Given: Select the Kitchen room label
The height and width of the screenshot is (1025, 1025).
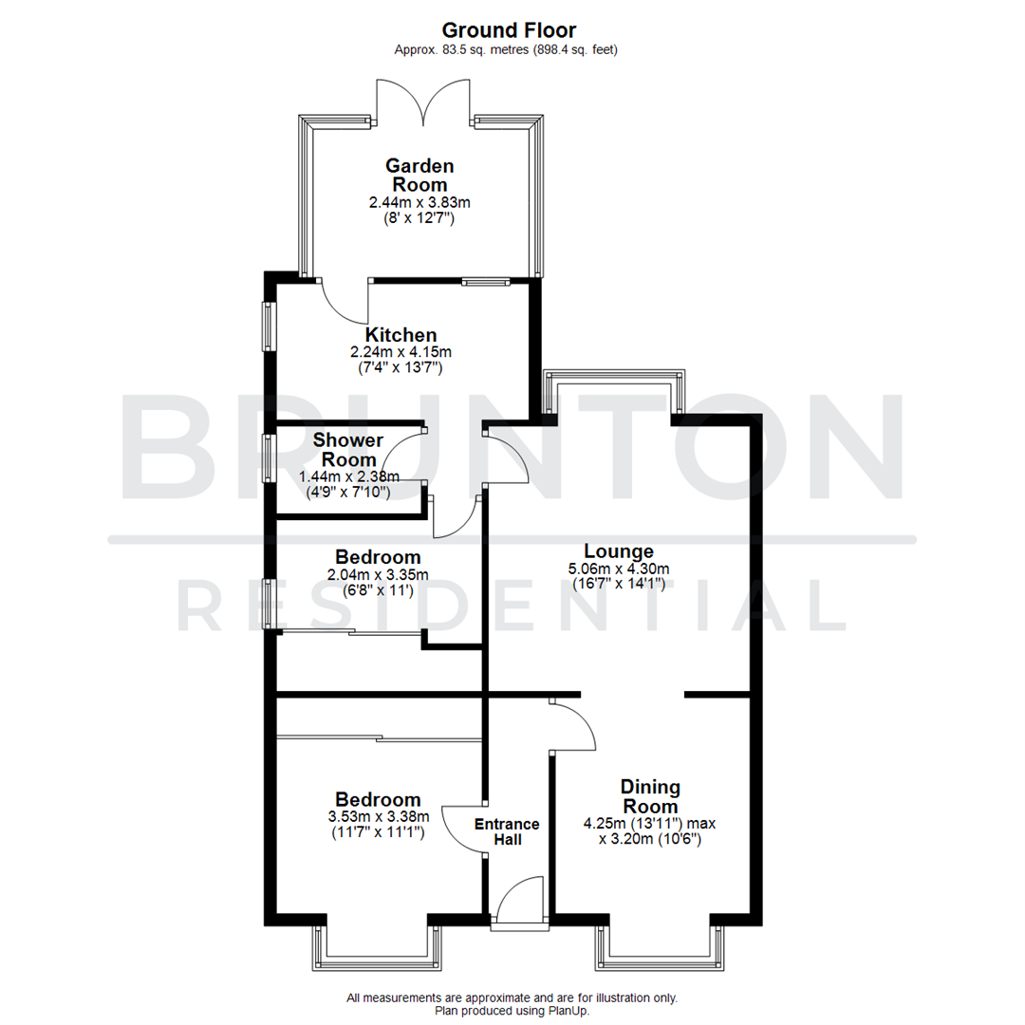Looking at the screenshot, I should (x=401, y=335).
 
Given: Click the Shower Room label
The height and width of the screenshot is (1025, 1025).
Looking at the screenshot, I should (x=348, y=450).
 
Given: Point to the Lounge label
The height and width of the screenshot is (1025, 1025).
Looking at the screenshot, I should (x=619, y=550).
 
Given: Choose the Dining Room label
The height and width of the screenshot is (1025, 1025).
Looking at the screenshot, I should (x=650, y=796).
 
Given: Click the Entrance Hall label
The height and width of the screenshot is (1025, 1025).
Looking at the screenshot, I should (x=507, y=831).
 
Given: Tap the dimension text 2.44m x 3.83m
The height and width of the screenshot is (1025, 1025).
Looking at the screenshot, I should (x=420, y=203).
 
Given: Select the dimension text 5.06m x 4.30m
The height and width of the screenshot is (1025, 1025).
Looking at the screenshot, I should (x=619, y=569).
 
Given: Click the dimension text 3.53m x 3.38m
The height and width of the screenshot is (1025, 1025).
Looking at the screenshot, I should (x=378, y=817).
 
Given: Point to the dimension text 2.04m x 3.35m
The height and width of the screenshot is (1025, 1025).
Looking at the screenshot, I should (x=378, y=575).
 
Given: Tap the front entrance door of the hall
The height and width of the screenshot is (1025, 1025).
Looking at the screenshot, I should (x=518, y=902).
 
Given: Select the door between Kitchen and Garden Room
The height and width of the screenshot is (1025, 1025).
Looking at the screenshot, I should (x=344, y=302).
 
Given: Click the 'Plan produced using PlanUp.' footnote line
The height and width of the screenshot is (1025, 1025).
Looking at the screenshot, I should (x=512, y=1012).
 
